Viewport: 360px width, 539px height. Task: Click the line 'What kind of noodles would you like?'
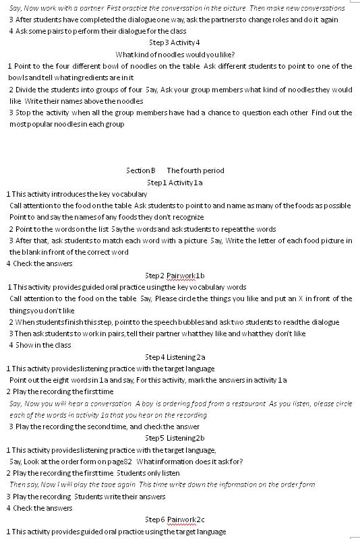175,55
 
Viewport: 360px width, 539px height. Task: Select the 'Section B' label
140,170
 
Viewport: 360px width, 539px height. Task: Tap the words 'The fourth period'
196,170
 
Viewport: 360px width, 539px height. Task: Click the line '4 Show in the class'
40,345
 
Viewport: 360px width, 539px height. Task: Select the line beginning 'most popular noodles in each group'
67,124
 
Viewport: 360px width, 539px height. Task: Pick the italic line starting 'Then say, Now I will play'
162,484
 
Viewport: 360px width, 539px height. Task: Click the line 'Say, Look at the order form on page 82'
126,462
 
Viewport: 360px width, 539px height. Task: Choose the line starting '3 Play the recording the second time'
104,426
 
